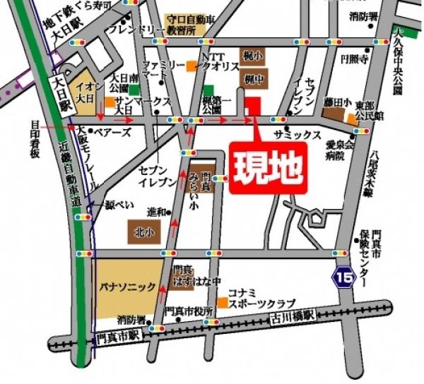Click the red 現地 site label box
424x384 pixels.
[269, 168]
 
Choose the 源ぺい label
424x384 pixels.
[119, 205]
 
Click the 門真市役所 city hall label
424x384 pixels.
[189, 311]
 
